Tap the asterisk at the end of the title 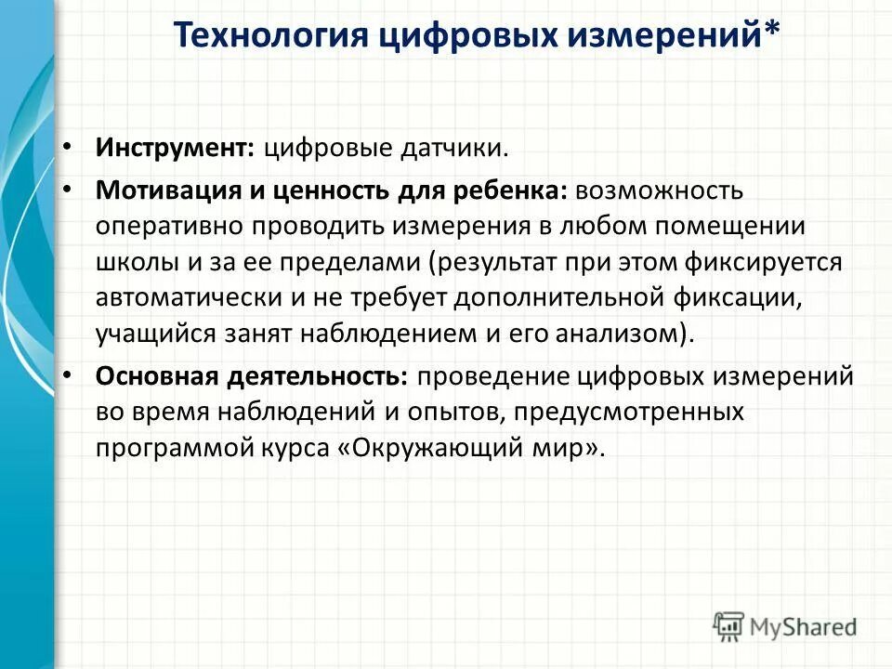click(x=771, y=33)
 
